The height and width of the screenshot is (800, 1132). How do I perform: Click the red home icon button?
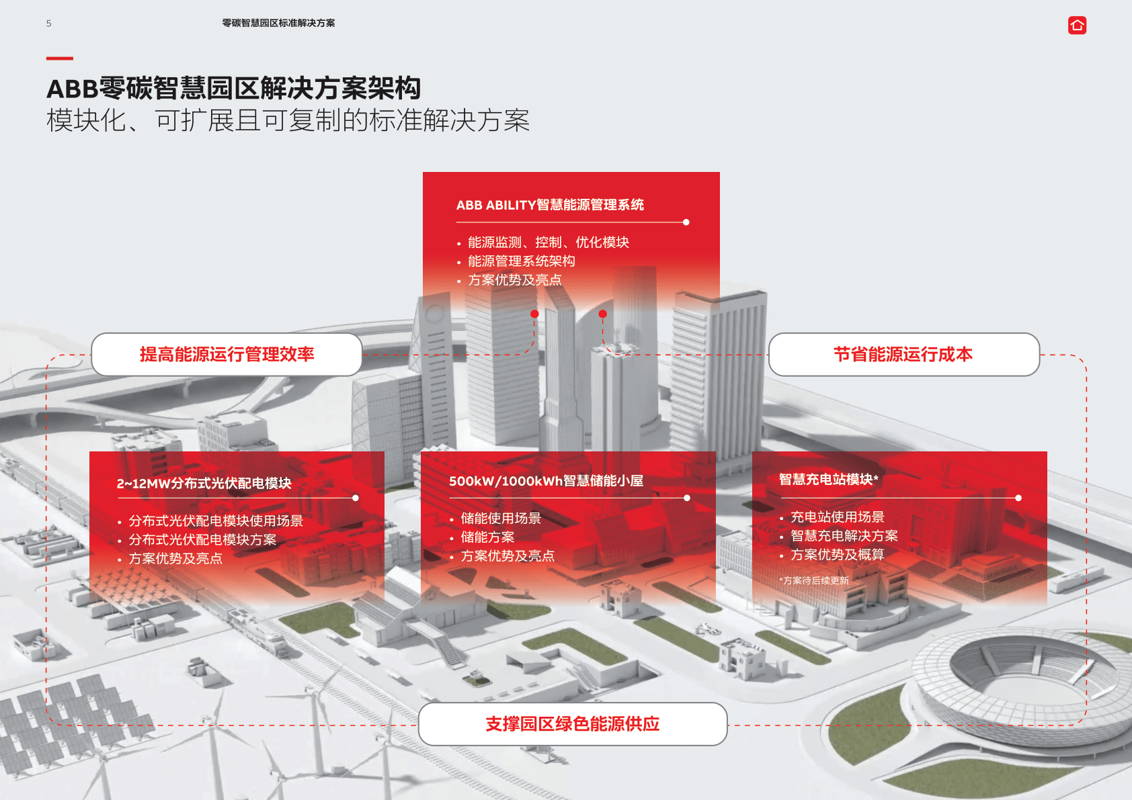click(1077, 26)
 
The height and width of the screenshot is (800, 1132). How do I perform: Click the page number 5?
click(48, 24)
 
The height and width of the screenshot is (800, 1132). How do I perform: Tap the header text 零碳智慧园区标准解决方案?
click(278, 23)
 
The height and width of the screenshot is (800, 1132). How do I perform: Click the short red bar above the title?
click(60, 58)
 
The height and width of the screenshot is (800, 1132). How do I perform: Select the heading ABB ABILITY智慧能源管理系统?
click(550, 205)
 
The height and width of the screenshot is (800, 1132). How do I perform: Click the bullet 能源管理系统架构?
click(521, 261)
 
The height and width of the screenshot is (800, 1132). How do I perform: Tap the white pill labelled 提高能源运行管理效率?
click(227, 354)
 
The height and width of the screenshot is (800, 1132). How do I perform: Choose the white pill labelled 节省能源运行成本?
click(903, 354)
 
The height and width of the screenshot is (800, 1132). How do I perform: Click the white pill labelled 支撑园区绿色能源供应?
click(573, 723)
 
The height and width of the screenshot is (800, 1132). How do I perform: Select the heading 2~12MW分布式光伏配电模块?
click(204, 484)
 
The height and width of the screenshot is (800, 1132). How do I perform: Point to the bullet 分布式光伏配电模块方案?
click(202, 539)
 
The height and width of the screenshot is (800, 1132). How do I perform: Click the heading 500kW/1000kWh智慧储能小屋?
click(547, 481)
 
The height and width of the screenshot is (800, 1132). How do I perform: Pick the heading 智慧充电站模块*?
click(829, 479)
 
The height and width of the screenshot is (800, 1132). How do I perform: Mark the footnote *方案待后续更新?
click(813, 581)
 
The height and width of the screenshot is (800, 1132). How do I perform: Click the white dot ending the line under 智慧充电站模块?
click(1018, 498)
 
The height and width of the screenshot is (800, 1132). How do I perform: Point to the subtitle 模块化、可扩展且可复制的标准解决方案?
click(288, 120)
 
